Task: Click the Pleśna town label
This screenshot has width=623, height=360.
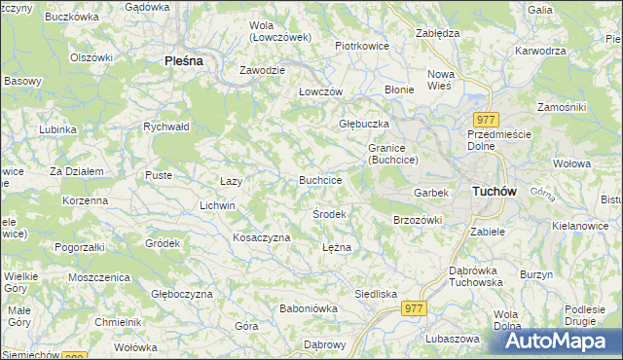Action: pos(183,60)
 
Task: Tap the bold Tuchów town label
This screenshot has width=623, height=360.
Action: pos(493,192)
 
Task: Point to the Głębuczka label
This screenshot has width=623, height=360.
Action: pos(363,124)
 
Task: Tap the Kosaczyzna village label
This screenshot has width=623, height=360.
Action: pos(261,237)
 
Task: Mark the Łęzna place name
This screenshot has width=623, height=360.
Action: pos(336,247)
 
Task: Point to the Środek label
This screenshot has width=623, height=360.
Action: pos(329,213)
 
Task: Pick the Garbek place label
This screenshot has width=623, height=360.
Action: pos(430,193)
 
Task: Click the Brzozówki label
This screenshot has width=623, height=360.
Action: pos(418,220)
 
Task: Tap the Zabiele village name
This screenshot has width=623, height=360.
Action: pos(487,232)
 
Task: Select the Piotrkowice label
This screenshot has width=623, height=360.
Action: pos(362,46)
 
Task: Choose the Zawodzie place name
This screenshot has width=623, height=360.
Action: pos(263,70)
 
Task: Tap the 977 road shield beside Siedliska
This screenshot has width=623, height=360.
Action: pos(413,307)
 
